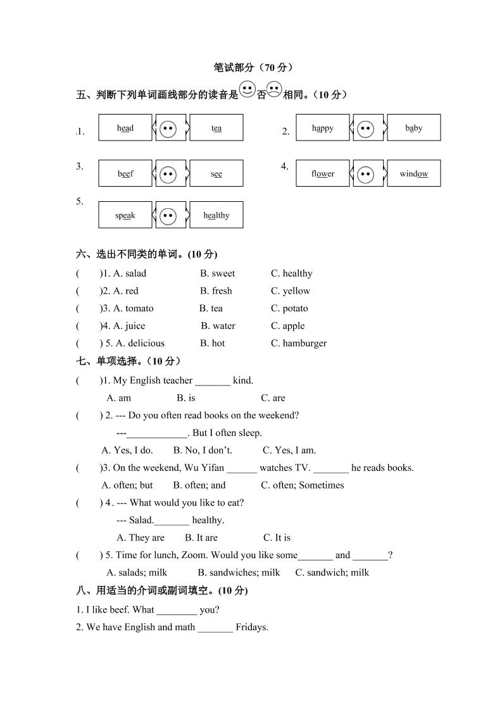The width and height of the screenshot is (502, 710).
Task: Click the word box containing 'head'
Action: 125,128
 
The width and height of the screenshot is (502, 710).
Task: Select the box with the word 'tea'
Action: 216,128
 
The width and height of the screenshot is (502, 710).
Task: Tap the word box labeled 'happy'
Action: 322,128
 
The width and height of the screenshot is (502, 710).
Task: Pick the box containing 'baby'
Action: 413,128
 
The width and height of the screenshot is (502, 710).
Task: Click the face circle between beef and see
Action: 168,173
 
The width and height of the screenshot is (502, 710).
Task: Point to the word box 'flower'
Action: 322,173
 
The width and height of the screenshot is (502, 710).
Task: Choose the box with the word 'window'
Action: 413,173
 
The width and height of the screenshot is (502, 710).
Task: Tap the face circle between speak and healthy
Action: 168,215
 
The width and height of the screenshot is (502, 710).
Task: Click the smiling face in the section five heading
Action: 247,89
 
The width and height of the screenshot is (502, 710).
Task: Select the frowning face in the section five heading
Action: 274,89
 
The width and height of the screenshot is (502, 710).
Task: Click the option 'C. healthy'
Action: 291,273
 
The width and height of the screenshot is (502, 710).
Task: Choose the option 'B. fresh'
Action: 216,291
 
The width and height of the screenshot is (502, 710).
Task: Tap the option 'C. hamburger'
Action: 299,343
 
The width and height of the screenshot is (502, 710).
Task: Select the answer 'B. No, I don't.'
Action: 203,450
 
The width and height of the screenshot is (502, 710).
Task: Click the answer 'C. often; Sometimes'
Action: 303,485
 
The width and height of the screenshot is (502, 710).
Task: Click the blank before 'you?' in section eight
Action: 177,611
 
